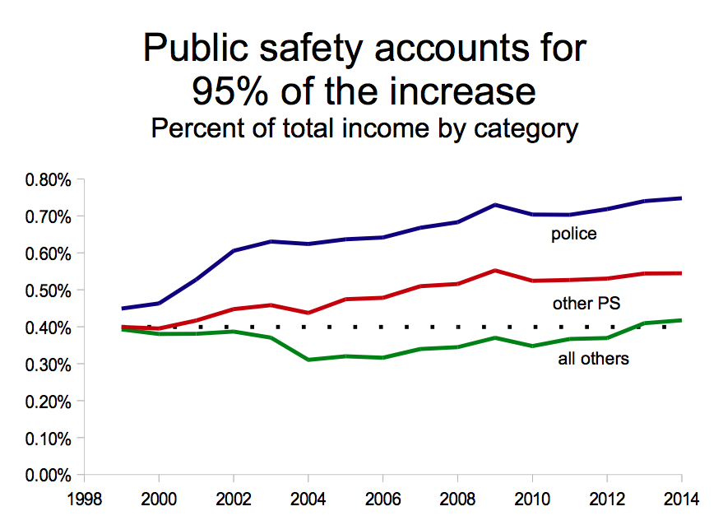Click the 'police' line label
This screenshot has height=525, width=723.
point(573,235)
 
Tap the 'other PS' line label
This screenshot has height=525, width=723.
point(586,304)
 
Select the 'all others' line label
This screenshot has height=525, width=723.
point(593,358)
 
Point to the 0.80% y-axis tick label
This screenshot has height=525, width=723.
point(49,179)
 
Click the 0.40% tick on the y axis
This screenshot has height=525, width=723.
point(49,328)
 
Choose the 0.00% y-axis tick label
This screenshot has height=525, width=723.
point(49,475)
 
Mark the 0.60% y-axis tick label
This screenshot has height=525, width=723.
point(49,253)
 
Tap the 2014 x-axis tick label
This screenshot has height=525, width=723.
point(681,499)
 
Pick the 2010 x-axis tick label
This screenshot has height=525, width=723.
point(531,499)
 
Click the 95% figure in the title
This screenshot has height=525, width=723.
point(229,91)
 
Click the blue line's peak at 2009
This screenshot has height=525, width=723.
point(494,204)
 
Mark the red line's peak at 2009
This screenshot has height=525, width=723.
point(494,270)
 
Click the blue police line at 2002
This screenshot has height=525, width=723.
point(233,250)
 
